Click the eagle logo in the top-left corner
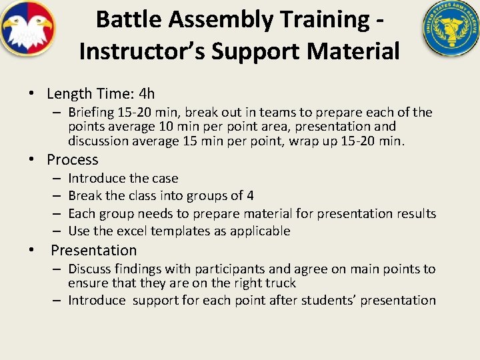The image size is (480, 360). point(27,29)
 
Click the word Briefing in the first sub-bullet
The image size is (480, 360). point(93,112)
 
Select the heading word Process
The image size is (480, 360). point(73,160)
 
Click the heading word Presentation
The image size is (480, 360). point(93,251)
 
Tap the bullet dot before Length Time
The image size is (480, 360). point(31,95)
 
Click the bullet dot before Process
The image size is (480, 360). point(31,161)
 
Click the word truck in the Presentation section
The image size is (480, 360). point(281,283)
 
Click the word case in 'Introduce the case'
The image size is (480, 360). point(165,179)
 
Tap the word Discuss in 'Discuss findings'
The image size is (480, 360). point(90,269)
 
